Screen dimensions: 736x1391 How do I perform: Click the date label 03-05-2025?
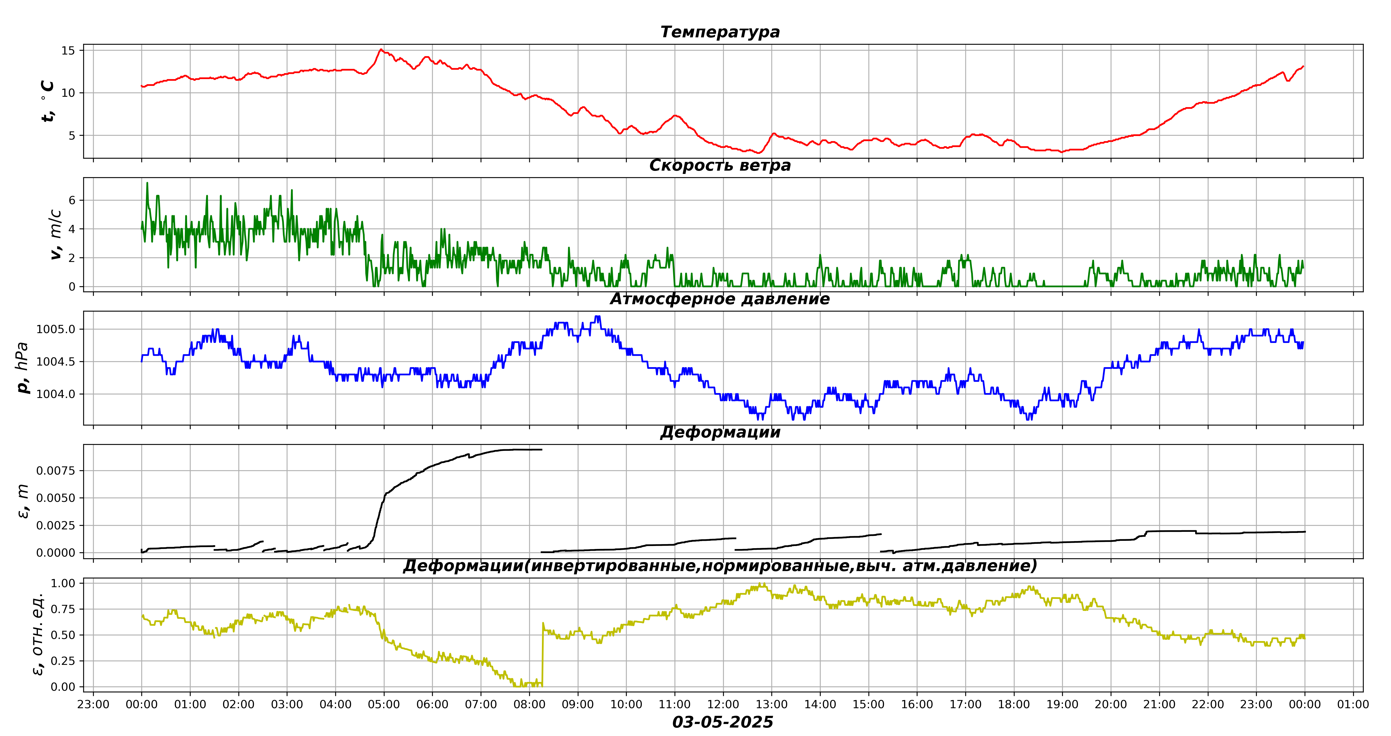723,722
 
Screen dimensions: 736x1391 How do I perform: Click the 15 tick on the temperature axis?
68,51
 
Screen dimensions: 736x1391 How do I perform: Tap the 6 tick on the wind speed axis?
72,200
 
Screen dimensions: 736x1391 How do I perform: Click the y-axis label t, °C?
47,101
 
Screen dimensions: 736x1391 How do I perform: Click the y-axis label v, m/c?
55,235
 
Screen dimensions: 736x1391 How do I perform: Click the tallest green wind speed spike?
147,183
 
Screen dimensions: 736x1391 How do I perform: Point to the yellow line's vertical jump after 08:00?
542,653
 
